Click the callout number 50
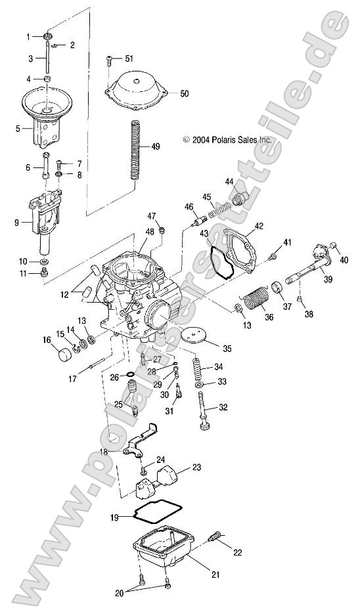click(x=184, y=94)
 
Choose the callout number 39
click(x=326, y=280)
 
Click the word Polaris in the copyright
click(x=221, y=140)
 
